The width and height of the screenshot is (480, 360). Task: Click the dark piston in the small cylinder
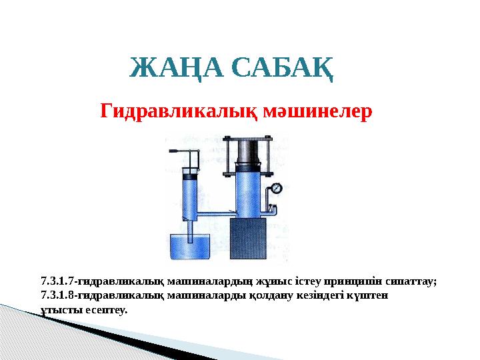point(190,178)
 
